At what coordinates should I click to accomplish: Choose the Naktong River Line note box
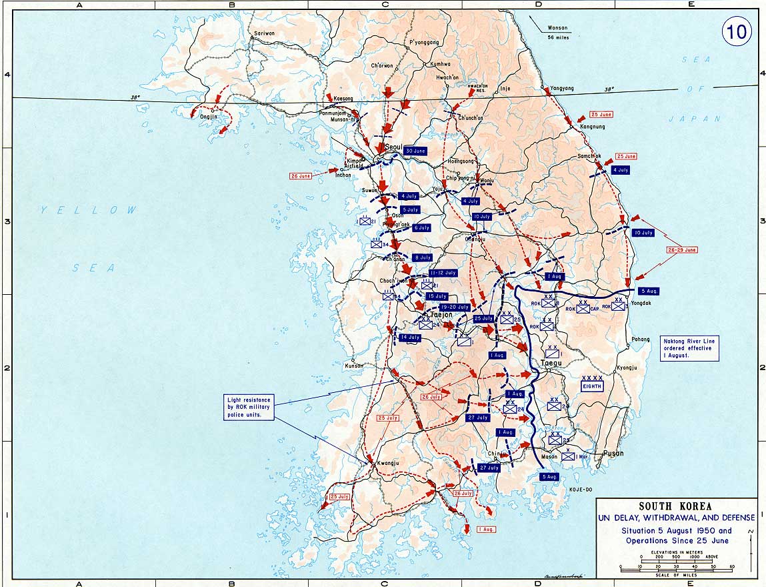click(690, 348)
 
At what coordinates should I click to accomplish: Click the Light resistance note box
click(249, 407)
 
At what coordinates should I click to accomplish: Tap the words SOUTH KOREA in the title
click(676, 507)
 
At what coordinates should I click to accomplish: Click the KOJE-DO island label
click(580, 490)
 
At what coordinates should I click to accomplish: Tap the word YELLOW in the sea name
click(87, 210)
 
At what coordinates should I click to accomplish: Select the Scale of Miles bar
click(675, 569)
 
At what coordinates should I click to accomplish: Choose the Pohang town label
click(640, 340)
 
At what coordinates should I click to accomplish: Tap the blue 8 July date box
click(423, 257)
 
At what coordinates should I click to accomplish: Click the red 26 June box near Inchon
click(301, 176)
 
